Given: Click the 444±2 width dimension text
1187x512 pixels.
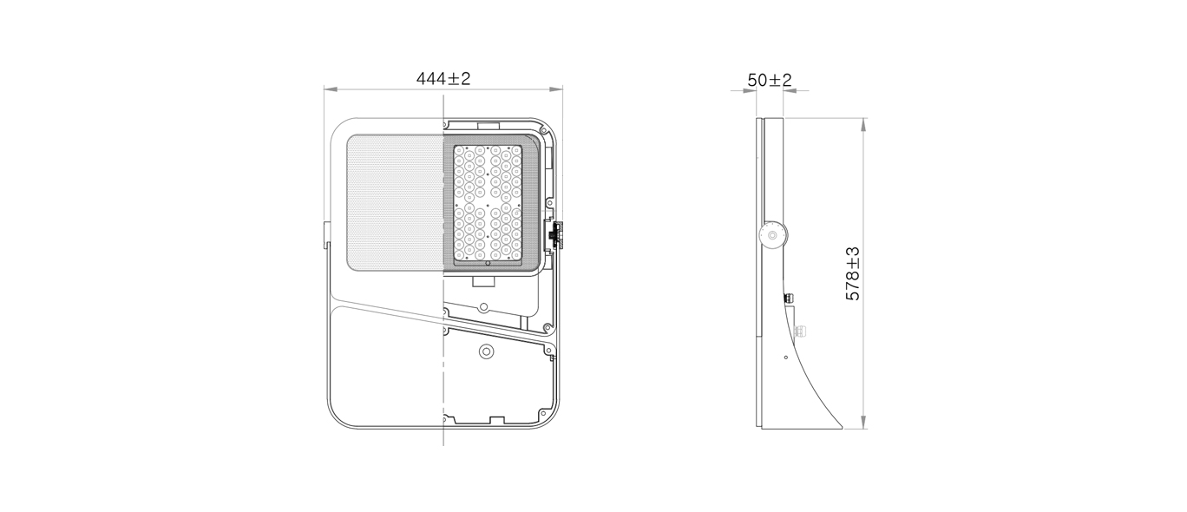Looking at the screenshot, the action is [x=443, y=78].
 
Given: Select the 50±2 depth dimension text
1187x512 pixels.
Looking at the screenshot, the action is [x=770, y=80].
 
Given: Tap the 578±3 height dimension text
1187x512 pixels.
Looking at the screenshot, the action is [x=853, y=273].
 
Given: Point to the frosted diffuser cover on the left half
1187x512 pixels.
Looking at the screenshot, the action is [x=395, y=201].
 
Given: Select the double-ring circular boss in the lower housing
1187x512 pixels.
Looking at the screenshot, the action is [x=485, y=351].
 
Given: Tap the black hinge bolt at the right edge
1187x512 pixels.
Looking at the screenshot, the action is [x=556, y=234].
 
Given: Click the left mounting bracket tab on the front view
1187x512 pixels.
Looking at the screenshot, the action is [x=326, y=235].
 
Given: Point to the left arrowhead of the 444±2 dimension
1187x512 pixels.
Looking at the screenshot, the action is [x=330, y=89].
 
